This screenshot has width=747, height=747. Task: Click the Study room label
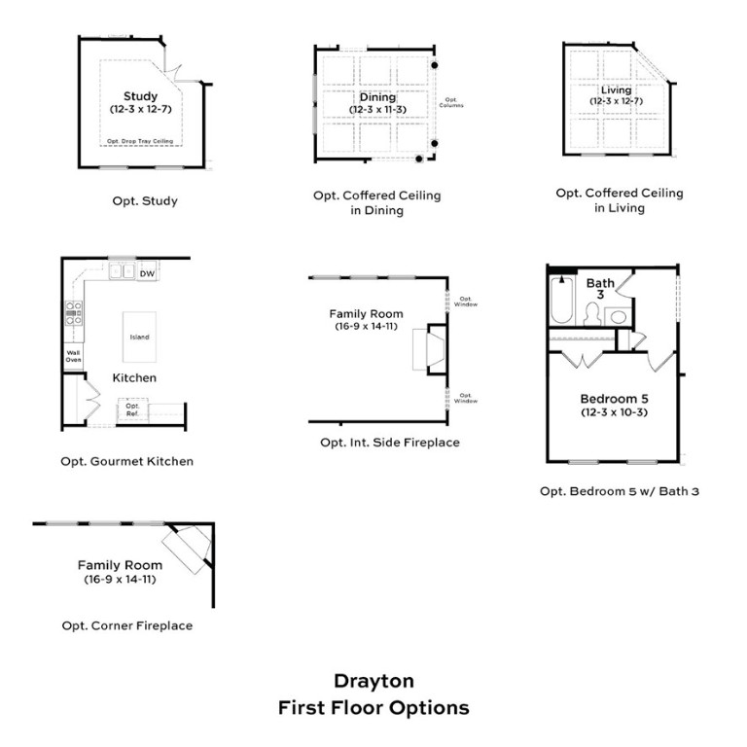click(140, 96)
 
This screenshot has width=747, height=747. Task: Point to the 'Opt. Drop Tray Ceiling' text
click(140, 141)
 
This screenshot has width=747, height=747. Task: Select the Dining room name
click(377, 97)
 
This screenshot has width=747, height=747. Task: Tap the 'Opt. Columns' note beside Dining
click(451, 102)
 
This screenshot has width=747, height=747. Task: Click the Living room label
click(617, 90)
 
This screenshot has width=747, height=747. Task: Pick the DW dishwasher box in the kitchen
click(147, 274)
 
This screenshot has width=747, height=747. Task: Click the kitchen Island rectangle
click(140, 337)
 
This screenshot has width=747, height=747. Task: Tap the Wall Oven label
click(73, 357)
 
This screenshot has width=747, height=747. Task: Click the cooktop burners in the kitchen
click(73, 312)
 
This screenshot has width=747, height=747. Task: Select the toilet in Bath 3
click(591, 314)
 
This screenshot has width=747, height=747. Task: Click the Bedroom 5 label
click(614, 399)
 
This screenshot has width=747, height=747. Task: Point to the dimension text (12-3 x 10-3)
click(614, 413)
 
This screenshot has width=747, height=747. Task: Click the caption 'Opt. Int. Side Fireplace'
click(390, 443)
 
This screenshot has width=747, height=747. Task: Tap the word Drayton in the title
click(373, 681)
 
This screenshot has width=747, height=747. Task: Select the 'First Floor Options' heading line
click(373, 707)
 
